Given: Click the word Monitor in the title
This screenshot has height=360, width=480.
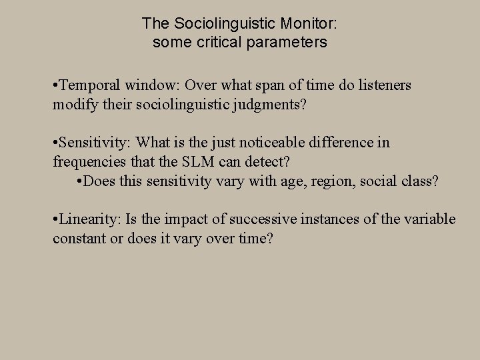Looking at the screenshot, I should pyautogui.click(x=309, y=23).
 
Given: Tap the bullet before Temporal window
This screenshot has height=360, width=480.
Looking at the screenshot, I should pyautogui.click(x=56, y=85).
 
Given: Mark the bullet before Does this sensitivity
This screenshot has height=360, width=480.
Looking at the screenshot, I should pyautogui.click(x=79, y=181).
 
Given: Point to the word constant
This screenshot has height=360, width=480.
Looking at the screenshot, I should pyautogui.click(x=79, y=239).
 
